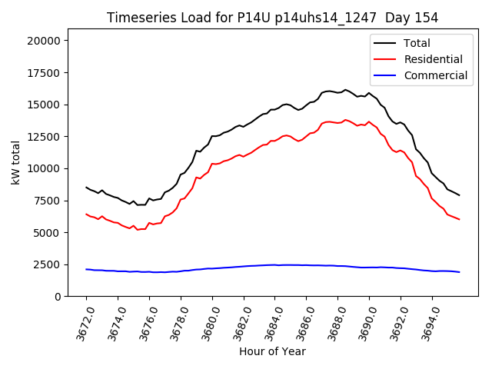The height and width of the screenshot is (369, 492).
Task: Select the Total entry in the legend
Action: coord(417,44)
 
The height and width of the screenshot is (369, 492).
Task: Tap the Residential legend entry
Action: coord(433,59)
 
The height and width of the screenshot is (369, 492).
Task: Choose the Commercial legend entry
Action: coord(435,75)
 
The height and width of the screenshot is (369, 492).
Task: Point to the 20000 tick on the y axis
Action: coord(49,41)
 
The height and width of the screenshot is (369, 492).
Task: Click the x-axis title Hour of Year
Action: coord(272,351)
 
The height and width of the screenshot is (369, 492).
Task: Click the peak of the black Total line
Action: coord(345,90)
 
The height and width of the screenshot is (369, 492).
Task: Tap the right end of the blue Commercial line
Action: coord(460,272)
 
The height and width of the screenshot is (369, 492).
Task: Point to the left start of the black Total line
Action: coord(86,187)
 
